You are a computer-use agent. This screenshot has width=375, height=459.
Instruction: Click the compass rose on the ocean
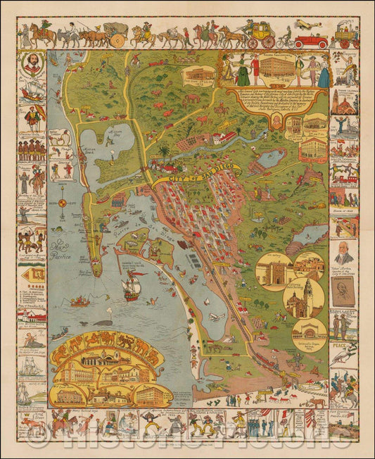point(62,203)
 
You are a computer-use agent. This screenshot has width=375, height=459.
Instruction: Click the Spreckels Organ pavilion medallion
point(309,332)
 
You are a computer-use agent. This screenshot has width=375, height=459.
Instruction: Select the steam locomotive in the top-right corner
point(344,35)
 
